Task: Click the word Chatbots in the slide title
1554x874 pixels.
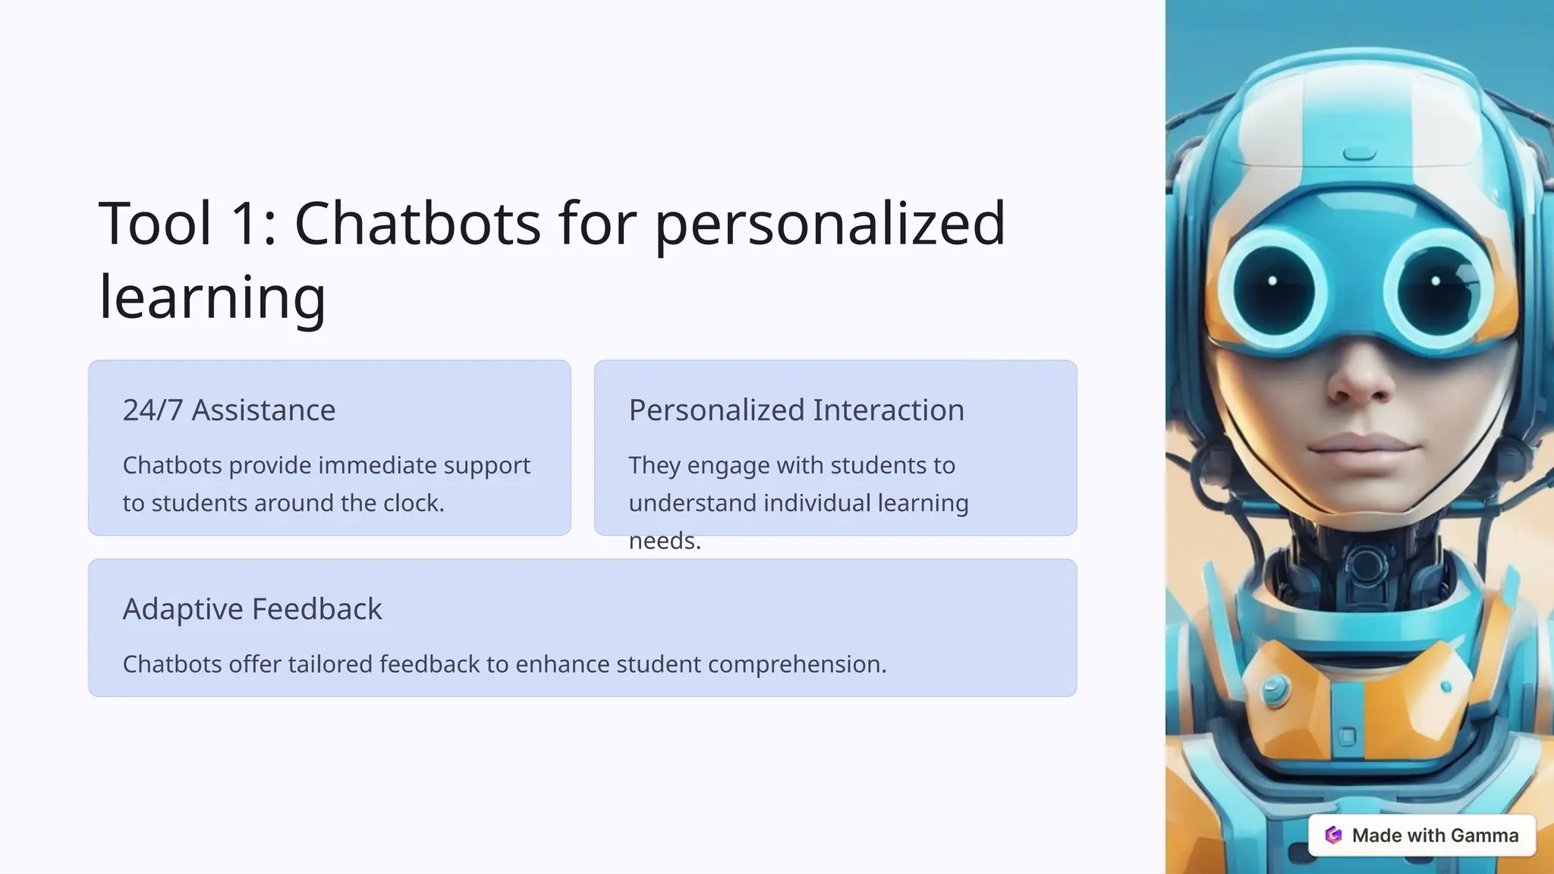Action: pyautogui.click(x=417, y=224)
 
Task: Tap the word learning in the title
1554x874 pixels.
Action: pyautogui.click(x=212, y=297)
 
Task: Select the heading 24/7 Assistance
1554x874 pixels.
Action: pyautogui.click(x=229, y=410)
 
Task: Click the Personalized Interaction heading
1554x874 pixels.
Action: pyautogui.click(x=796, y=410)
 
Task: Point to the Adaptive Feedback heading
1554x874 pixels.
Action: pyautogui.click(x=252, y=609)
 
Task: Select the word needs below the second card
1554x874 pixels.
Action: pyautogui.click(x=664, y=541)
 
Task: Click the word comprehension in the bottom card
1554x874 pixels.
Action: pyautogui.click(x=796, y=665)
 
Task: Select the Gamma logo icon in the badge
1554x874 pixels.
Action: pyautogui.click(x=1333, y=835)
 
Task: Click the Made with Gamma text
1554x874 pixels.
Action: pyautogui.click(x=1435, y=835)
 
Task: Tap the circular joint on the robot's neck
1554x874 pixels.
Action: pyautogui.click(x=1366, y=566)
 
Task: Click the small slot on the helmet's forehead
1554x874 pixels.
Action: pyautogui.click(x=1359, y=155)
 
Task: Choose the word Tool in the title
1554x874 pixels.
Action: pyautogui.click(x=155, y=224)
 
